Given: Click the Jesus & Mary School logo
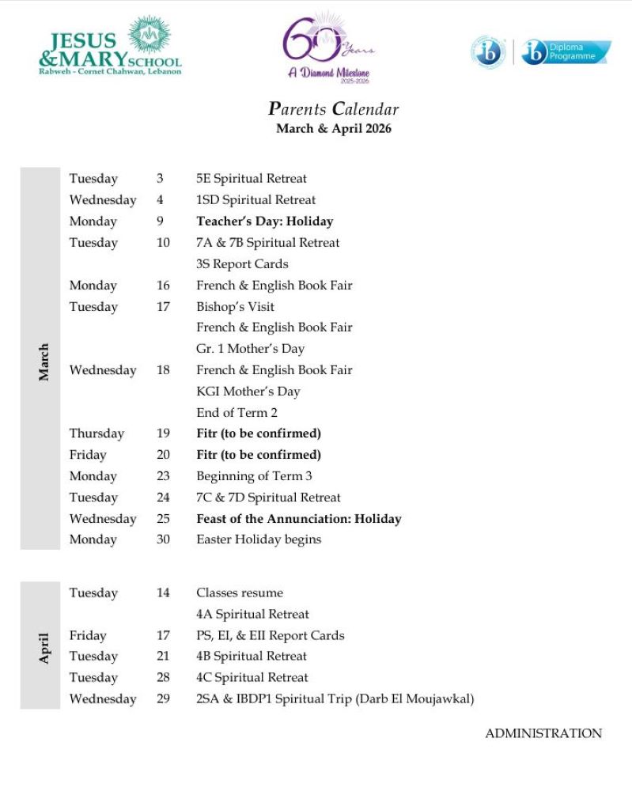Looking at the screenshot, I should (110, 47).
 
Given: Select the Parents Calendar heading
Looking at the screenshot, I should (333, 109).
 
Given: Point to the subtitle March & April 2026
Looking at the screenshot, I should (333, 128).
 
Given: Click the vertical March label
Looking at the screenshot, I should (44, 361).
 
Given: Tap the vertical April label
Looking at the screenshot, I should (44, 647).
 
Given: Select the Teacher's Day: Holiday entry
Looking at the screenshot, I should (264, 221).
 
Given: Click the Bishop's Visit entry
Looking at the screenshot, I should (237, 306).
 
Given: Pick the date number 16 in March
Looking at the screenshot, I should (163, 286).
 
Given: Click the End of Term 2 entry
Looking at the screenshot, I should (237, 412).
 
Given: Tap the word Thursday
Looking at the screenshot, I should (97, 433).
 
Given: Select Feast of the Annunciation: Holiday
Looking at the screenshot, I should (298, 519).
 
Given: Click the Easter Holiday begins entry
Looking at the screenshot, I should (259, 539).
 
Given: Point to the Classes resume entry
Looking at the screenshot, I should (239, 592).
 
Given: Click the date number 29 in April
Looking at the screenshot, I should (163, 698).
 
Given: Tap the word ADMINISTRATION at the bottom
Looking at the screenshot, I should (543, 733).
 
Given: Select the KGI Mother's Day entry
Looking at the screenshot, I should (248, 391).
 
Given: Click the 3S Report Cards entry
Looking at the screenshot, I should (242, 264).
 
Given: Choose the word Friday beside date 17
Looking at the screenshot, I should (87, 635).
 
